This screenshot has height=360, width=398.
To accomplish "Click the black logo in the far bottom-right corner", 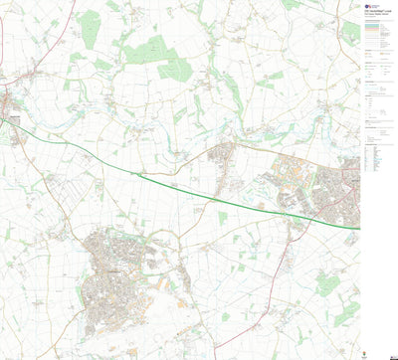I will (x=387, y=353).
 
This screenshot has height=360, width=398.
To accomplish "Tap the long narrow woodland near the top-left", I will (x=89, y=25).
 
